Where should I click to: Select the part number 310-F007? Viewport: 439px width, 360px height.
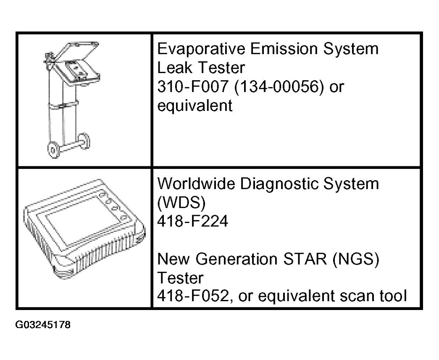click(193, 87)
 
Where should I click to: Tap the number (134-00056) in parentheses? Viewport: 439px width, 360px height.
click(279, 87)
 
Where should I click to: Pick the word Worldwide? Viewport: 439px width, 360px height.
click(196, 184)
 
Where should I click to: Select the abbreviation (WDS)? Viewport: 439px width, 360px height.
click(181, 203)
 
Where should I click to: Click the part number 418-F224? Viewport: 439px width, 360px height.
click(193, 221)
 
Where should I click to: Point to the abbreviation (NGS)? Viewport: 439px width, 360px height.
click(355, 259)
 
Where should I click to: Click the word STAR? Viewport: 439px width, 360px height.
click(305, 259)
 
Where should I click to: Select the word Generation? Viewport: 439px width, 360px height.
click(237, 259)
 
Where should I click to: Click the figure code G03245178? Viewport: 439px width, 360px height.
click(43, 325)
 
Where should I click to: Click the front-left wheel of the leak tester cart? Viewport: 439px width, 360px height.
click(54, 150)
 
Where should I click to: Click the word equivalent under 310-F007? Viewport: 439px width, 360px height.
click(195, 106)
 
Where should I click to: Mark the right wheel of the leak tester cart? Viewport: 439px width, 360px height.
click(84, 141)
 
